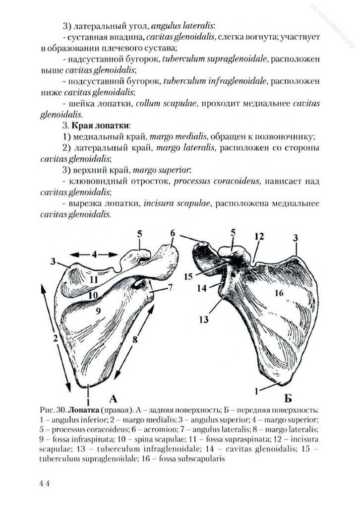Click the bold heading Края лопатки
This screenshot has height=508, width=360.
tap(101, 126)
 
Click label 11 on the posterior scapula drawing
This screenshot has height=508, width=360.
tap(94, 279)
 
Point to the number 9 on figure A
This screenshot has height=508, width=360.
tap(98, 311)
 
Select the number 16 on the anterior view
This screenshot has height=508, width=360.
tap(279, 293)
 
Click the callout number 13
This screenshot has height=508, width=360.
tap(203, 320)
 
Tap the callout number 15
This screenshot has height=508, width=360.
tap(188, 275)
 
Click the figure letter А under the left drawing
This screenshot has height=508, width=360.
tap(113, 398)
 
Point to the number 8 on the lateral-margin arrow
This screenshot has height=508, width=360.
tap(134, 341)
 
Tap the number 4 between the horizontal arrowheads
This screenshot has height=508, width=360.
tap(94, 254)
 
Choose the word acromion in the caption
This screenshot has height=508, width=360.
tap(148, 430)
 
